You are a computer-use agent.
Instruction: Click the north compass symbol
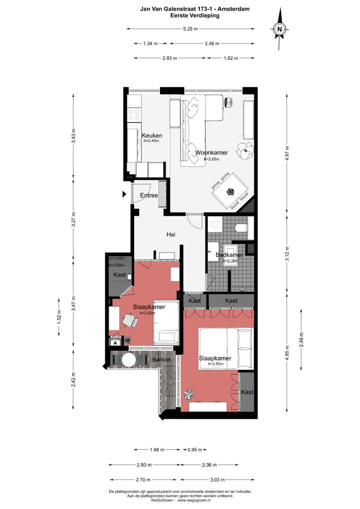tap(280, 29)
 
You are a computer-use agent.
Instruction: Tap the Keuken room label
tap(151, 135)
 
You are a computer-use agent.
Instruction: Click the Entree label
tap(149, 195)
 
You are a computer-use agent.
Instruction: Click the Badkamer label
tap(229, 255)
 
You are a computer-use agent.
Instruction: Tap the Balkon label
tap(162, 359)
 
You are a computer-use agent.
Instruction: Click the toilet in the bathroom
tap(242, 228)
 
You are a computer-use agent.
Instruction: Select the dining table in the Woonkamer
tap(229, 190)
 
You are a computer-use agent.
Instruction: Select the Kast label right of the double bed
tap(247, 392)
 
